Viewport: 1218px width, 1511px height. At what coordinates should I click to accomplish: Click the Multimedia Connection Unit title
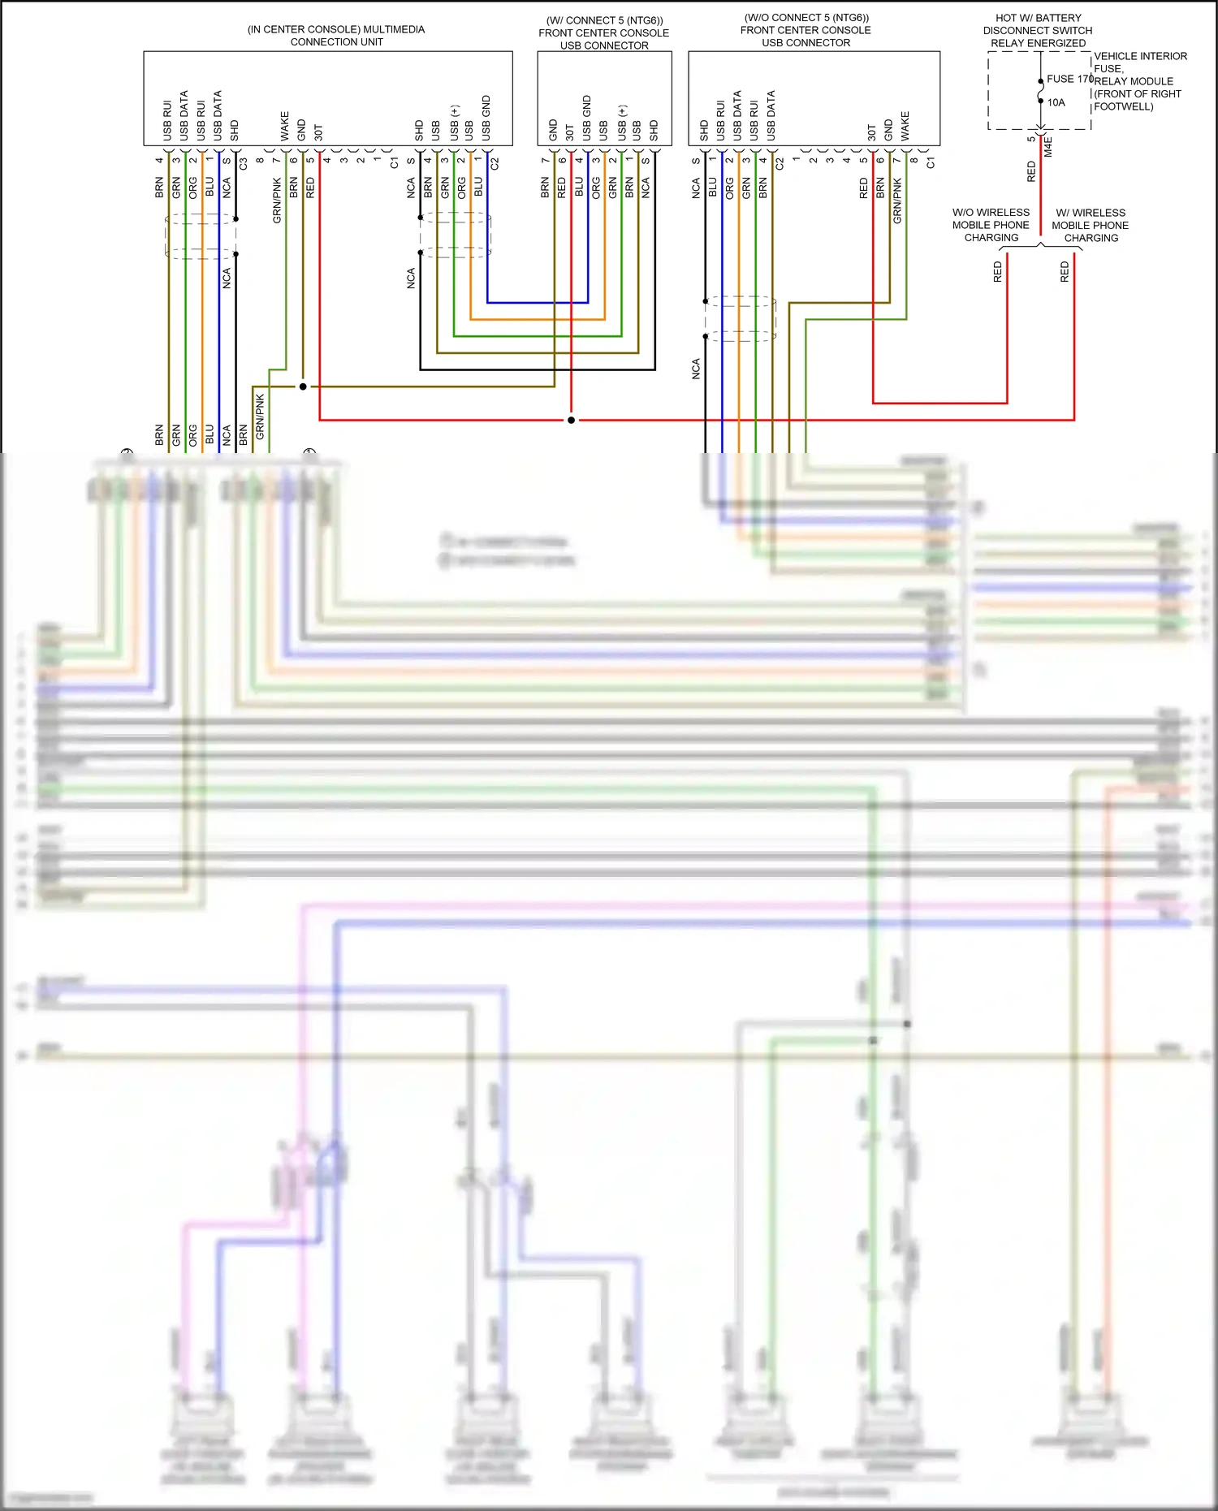coord(336,35)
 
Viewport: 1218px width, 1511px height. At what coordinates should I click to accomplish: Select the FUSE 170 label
coord(1069,79)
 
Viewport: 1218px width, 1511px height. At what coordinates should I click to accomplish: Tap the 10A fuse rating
coord(1056,102)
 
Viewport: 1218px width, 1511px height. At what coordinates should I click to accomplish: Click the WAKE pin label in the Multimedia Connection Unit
coord(285,126)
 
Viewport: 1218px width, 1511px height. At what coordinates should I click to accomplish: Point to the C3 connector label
coord(243,163)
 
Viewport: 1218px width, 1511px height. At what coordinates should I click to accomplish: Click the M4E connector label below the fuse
coord(1048,147)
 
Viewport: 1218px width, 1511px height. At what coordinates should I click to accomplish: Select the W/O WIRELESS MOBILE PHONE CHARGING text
coord(991,225)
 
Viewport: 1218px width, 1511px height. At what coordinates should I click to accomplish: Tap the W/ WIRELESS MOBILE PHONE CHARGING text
coord(1091,225)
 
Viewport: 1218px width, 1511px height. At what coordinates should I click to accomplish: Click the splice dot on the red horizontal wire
coord(571,420)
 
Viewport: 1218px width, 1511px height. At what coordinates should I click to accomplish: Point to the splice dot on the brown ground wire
coord(303,386)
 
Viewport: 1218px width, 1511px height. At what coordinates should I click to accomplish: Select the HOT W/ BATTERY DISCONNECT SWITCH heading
coord(1038,30)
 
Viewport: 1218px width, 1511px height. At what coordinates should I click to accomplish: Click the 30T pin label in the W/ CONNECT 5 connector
coord(570,132)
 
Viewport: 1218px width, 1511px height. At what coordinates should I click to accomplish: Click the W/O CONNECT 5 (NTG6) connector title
coord(806,30)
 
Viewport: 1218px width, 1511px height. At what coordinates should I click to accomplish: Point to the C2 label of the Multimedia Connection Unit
coord(495,163)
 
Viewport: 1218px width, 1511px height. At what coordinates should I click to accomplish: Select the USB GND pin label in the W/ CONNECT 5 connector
coord(587,117)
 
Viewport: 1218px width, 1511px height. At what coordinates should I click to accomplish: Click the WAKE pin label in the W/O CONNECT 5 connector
coord(905,126)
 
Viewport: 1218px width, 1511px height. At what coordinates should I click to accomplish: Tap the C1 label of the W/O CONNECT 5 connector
coord(931,163)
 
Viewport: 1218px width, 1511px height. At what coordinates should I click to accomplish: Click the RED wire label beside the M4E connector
coord(1031,171)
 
